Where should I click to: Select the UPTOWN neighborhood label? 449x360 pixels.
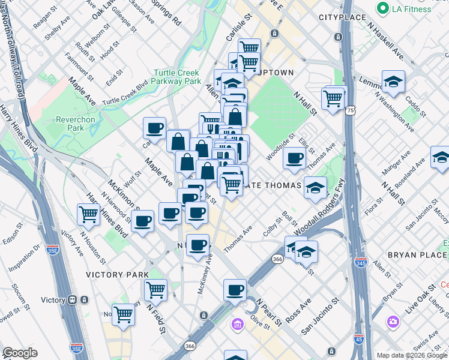pyautogui.click(x=274, y=73)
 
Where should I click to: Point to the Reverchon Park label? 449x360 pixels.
pyautogui.click(x=76, y=124)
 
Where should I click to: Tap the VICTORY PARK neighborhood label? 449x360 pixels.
pyautogui.click(x=117, y=275)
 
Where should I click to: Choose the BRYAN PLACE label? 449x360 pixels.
pyautogui.click(x=417, y=255)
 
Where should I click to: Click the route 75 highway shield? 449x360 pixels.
pyautogui.click(x=350, y=110)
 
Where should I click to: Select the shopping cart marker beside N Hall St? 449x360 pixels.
pyautogui.click(x=333, y=97)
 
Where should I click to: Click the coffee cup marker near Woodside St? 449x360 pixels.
pyautogui.click(x=294, y=158)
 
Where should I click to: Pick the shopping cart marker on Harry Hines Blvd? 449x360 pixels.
pyautogui.click(x=89, y=214)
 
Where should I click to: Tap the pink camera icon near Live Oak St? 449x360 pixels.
pyautogui.click(x=393, y=322)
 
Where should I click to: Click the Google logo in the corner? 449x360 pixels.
pyautogui.click(x=20, y=353)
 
